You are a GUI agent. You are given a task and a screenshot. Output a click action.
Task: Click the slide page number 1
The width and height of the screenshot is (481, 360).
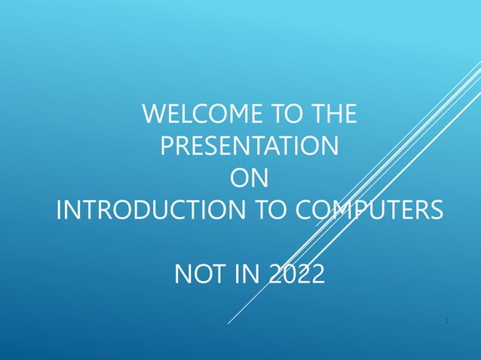[x=447, y=322]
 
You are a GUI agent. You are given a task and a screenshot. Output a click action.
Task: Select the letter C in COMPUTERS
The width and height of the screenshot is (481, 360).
[x=302, y=209]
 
